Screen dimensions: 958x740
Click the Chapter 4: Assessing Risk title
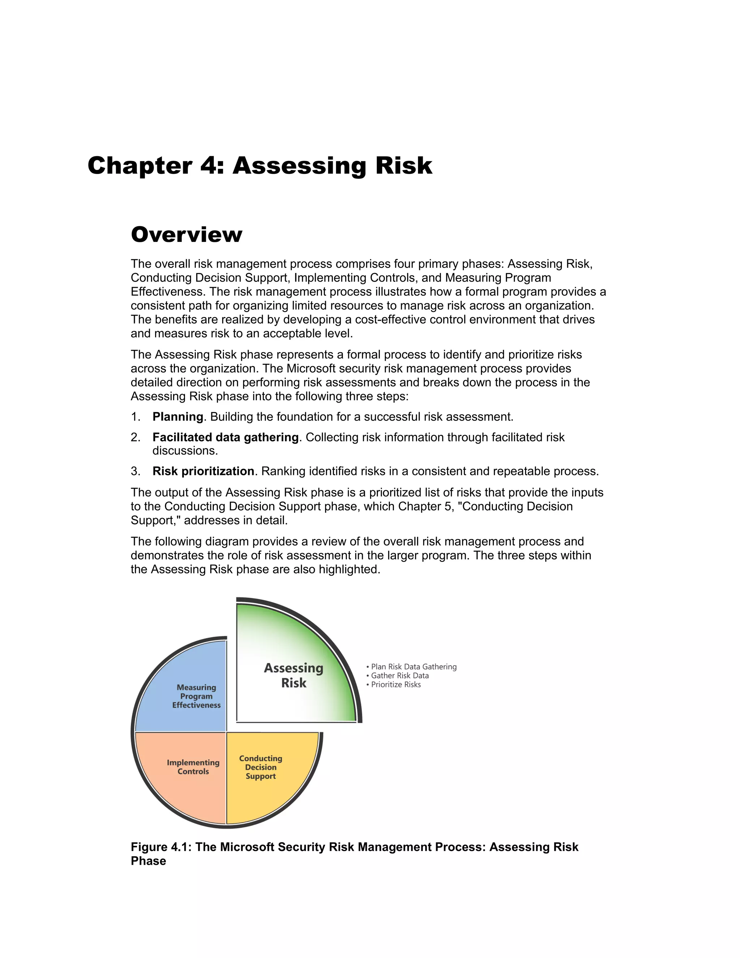click(x=259, y=166)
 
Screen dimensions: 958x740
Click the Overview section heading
click(x=186, y=234)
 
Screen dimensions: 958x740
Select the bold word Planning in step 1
click(x=177, y=417)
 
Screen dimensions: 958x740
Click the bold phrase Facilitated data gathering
click(x=225, y=437)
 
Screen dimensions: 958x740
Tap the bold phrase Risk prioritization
click(x=203, y=471)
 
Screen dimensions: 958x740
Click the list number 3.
click(x=135, y=471)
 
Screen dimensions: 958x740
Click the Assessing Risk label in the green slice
click(x=293, y=676)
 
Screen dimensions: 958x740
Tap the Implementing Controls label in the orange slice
click(x=193, y=767)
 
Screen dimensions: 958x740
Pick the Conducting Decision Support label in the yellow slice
click(x=261, y=767)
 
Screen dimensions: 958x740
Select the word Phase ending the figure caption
click(x=148, y=861)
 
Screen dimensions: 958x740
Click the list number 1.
click(x=135, y=417)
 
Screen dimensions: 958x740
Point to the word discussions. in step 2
click(x=185, y=450)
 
